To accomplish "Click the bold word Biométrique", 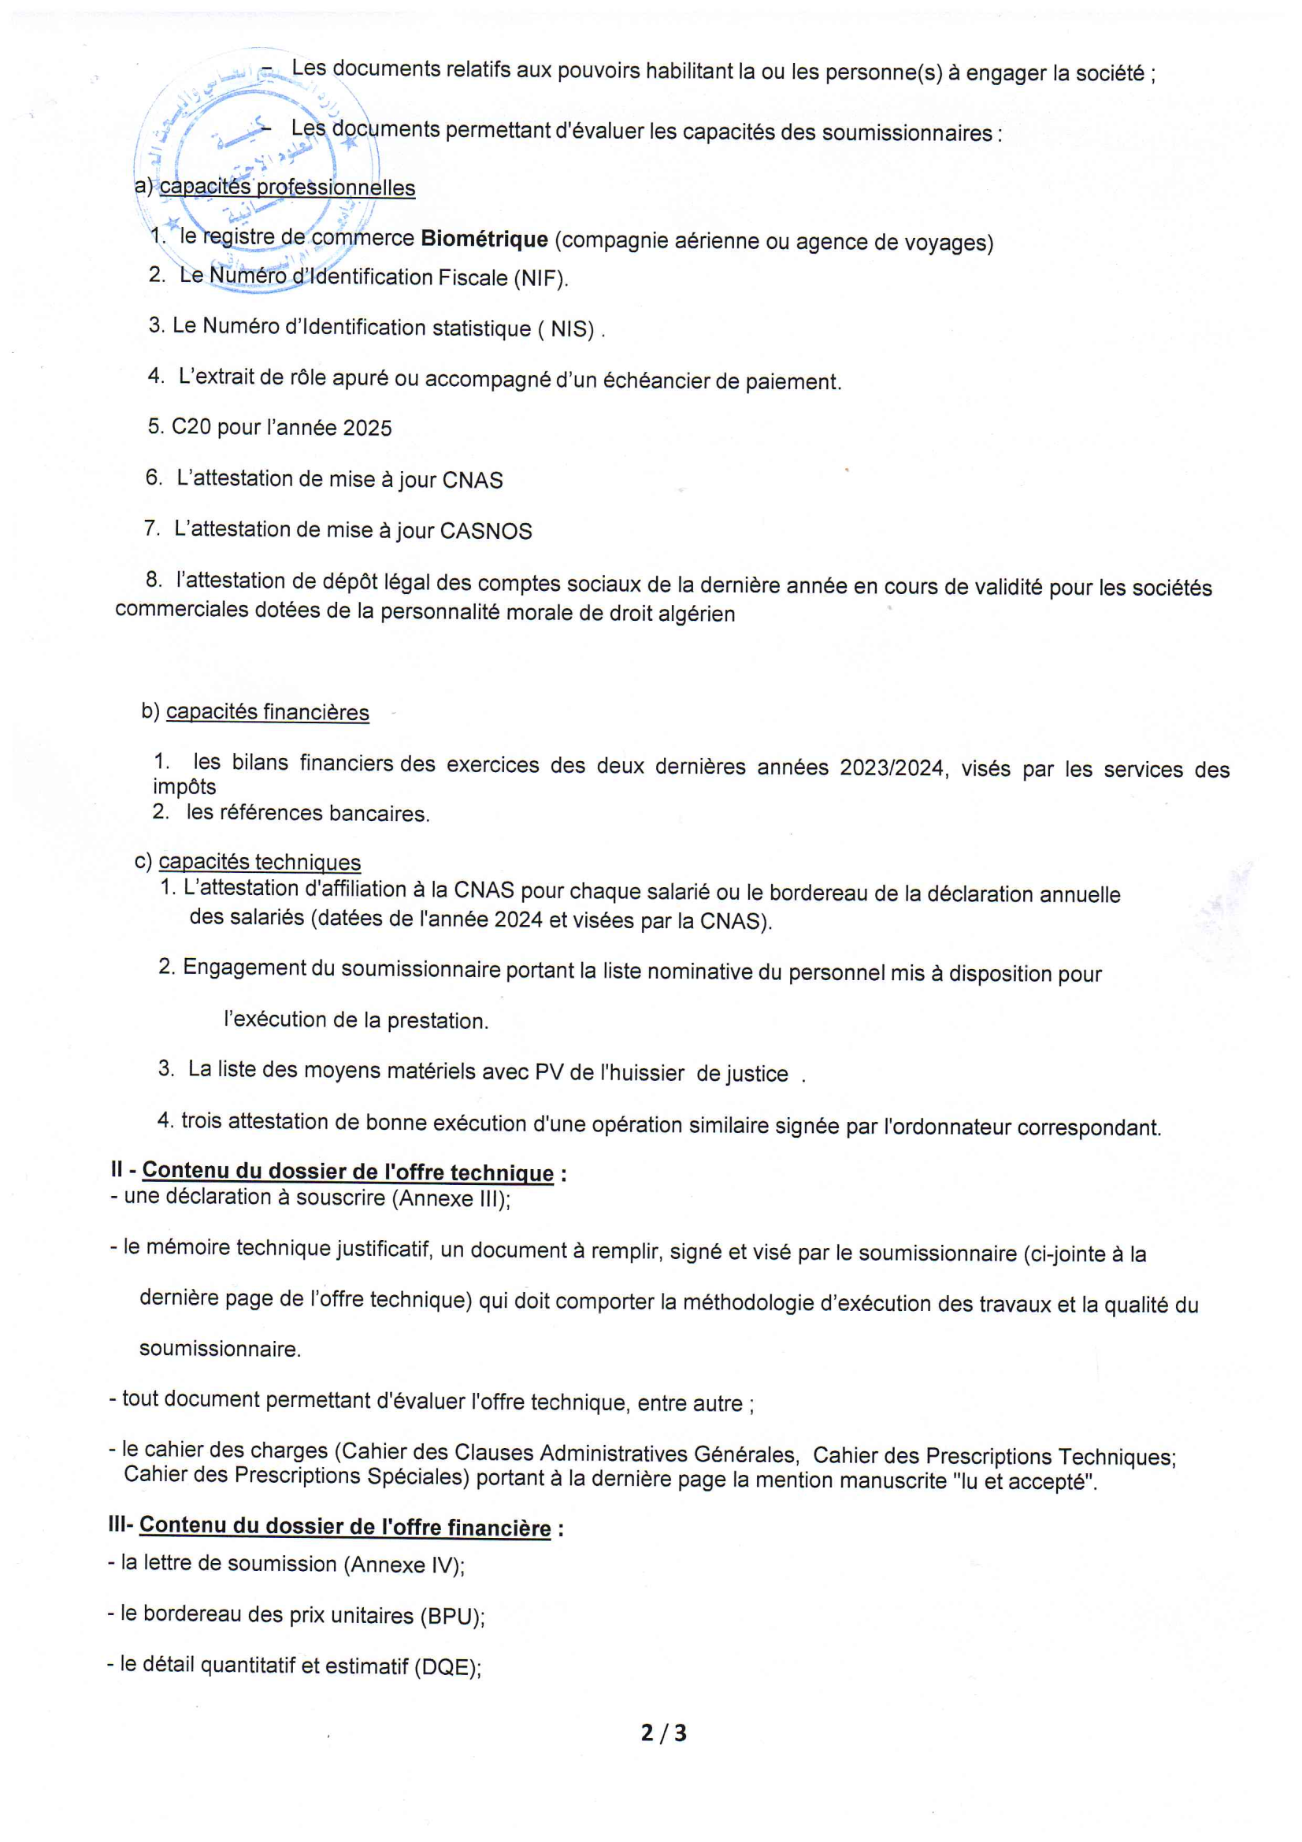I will coord(484,239).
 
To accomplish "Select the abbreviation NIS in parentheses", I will coord(571,329).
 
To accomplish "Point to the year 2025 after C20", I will coord(366,429).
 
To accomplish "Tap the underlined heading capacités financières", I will coord(267,712).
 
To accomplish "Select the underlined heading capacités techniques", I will coord(259,862).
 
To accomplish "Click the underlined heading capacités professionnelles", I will coord(287,188).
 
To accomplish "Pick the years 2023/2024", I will coord(891,768).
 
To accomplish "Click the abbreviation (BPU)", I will coord(451,1615).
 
